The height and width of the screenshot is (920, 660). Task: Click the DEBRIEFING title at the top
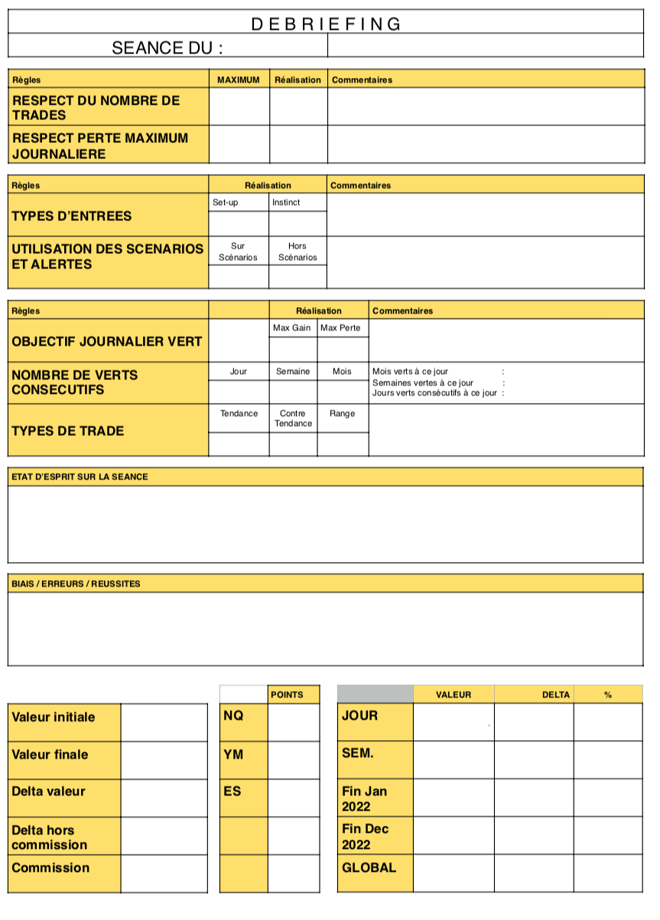tap(326, 24)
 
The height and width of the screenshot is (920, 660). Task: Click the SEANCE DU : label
tap(167, 47)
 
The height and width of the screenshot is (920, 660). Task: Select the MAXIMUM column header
tap(239, 80)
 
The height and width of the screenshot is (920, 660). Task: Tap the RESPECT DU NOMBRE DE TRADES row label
tap(96, 108)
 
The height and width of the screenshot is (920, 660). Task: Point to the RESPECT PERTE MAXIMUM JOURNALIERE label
tap(99, 146)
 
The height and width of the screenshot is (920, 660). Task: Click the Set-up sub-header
tap(226, 203)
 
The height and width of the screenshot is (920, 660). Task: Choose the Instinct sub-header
tap(286, 203)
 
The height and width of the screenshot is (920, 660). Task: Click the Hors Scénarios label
tap(297, 252)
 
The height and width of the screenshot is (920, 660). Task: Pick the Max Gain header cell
tap(292, 328)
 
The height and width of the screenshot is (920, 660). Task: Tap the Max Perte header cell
tap(341, 328)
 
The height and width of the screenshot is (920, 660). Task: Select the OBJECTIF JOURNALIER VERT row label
tap(106, 341)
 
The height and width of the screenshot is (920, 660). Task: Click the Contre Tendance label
tap(292, 418)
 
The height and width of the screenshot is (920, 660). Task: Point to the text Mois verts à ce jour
tap(411, 372)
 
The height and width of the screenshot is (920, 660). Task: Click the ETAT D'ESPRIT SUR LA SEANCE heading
tap(80, 476)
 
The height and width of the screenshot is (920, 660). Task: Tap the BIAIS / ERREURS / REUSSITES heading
tap(76, 584)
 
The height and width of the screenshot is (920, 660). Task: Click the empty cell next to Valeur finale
tap(164, 760)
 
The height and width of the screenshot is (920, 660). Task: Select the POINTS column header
tap(287, 694)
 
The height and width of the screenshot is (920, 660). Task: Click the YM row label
tap(234, 755)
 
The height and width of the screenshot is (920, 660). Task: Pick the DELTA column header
tap(556, 694)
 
